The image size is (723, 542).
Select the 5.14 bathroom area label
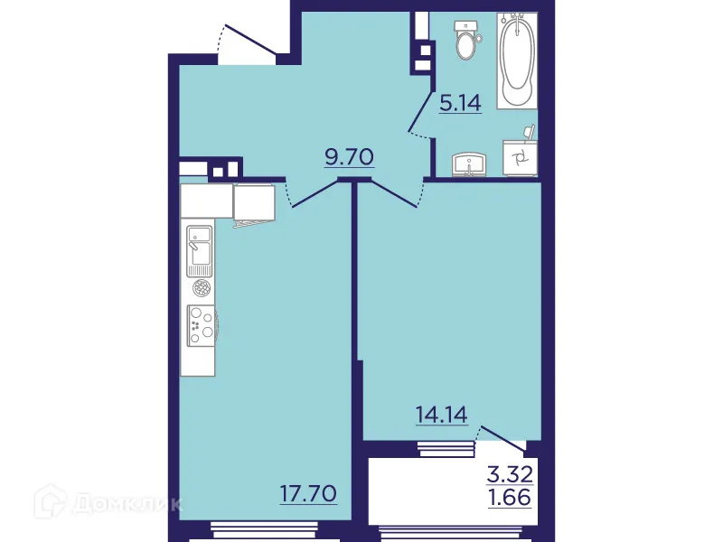tap(460, 102)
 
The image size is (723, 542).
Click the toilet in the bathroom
tap(466, 40)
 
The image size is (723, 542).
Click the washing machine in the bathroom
tap(521, 159)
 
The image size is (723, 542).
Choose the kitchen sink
tap(199, 250)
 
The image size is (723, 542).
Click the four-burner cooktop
tap(201, 324)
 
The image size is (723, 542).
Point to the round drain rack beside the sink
tap(201, 288)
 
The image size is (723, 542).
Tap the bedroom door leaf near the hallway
tap(392, 192)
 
